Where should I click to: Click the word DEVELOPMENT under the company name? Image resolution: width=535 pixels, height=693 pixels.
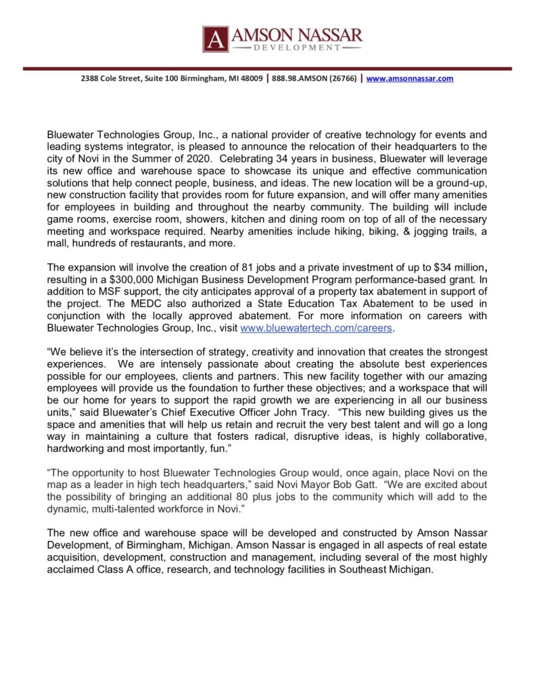pyautogui.click(x=296, y=48)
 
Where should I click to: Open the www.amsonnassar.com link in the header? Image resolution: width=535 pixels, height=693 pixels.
pyautogui.click(x=411, y=79)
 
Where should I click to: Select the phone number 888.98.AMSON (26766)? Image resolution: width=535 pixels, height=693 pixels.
pyautogui.click(x=315, y=79)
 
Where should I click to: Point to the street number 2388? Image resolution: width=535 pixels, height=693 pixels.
pyautogui.click(x=89, y=79)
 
